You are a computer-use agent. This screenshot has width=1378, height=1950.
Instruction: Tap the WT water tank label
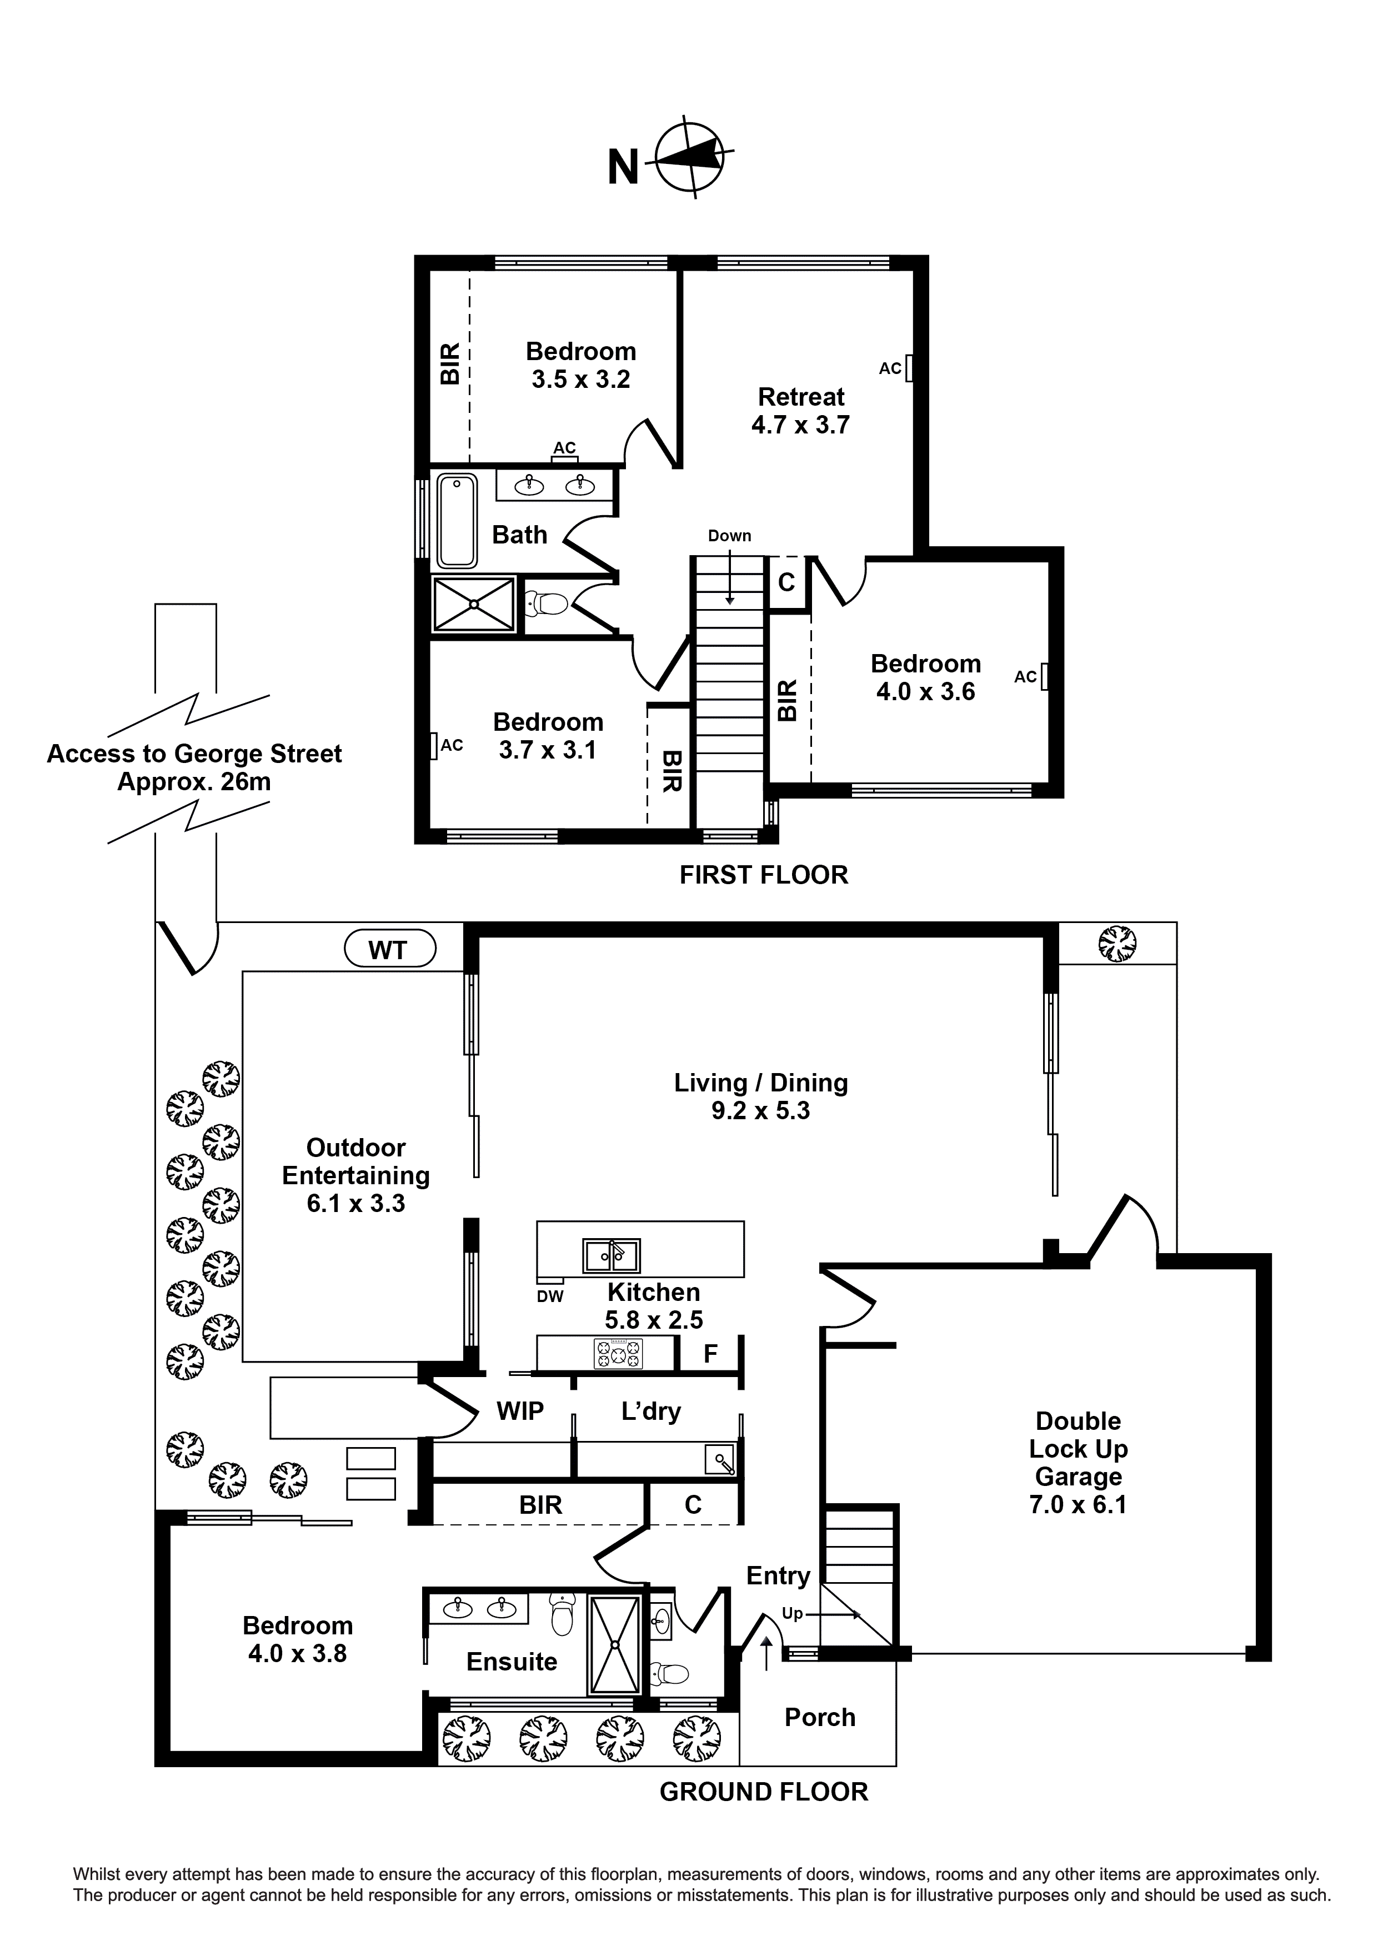coord(389,950)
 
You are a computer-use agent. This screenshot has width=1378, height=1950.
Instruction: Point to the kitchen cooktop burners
coord(618,1353)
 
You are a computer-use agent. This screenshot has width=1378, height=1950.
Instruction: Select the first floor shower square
coord(474,604)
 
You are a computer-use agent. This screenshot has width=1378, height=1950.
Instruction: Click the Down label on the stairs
coord(729,536)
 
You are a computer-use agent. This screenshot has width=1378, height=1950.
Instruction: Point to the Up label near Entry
coord(792,1614)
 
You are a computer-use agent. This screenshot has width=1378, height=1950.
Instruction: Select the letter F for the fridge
coord(710,1354)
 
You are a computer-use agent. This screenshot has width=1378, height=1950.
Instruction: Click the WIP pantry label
coord(520,1412)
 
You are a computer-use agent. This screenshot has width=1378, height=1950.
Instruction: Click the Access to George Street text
coord(194,754)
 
